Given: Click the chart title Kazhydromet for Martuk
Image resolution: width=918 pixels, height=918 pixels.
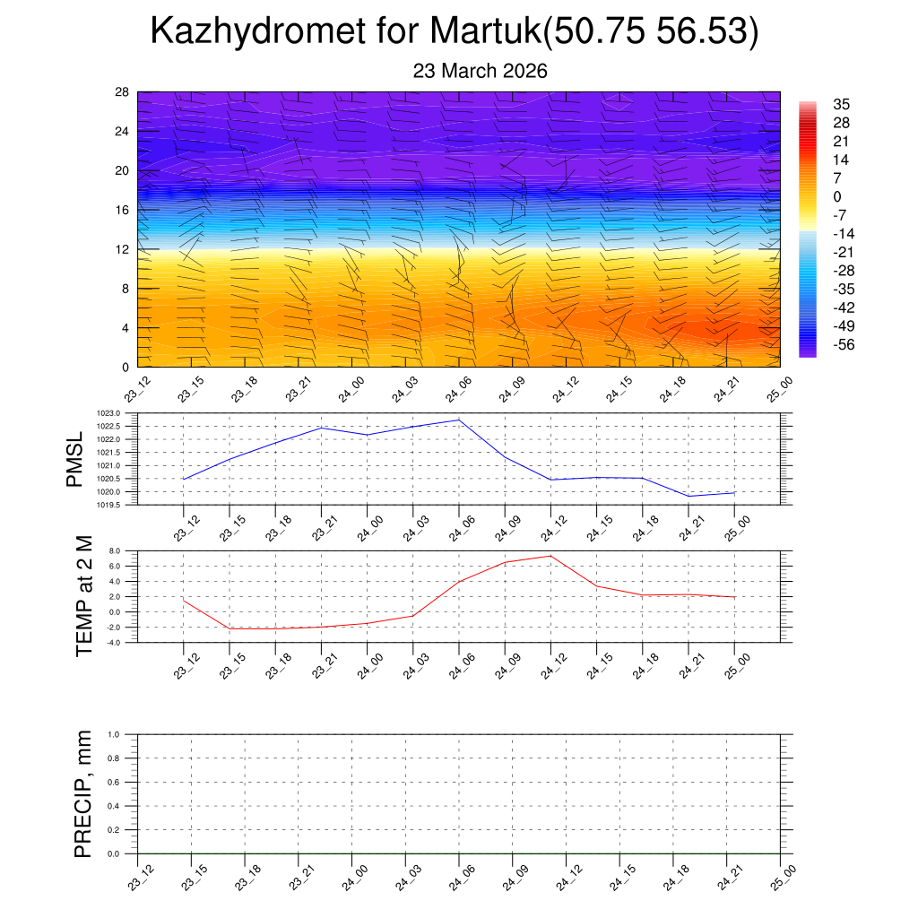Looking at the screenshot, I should click(455, 32).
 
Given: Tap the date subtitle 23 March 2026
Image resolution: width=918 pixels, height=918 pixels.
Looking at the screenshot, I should click(480, 71).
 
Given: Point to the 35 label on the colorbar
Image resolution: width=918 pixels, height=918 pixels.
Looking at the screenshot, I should click(841, 104).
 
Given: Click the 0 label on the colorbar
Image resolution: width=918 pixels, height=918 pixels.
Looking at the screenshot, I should click(836, 197).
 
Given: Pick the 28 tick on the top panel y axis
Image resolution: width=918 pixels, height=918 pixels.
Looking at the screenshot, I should click(123, 92).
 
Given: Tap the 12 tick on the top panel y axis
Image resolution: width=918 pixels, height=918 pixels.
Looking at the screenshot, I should click(123, 249).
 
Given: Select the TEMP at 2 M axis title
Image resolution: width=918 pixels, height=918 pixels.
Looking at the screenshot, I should click(84, 596).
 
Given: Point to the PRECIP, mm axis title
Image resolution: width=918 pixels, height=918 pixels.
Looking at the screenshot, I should click(83, 793).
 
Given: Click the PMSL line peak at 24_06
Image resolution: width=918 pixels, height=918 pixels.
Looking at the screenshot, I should click(459, 420).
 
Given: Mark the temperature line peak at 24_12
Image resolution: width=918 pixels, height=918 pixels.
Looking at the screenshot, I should click(550, 556).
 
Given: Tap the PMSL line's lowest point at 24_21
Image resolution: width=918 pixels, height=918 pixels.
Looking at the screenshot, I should click(688, 496).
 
